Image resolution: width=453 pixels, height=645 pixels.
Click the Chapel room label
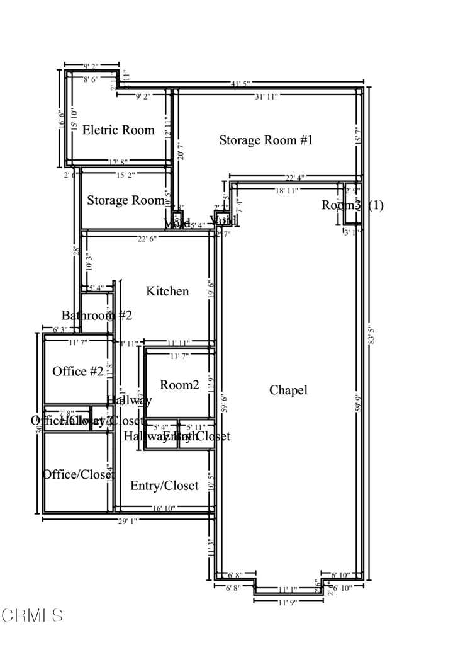tap(288, 390)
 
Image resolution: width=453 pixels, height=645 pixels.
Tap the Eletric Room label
tap(118, 130)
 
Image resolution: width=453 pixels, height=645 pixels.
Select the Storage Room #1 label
tap(266, 140)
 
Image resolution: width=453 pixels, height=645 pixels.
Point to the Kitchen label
tap(167, 291)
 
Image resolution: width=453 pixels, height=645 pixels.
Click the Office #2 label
tap(78, 371)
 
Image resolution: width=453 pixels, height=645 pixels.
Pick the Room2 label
tap(179, 385)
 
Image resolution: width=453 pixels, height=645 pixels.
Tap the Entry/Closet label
tap(164, 486)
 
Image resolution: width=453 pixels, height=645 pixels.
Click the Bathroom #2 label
tap(96, 316)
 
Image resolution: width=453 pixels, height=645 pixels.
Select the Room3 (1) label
tap(352, 205)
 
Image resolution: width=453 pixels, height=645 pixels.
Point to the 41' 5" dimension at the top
tap(240, 83)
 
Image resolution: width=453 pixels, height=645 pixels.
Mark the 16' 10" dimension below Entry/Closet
tap(165, 508)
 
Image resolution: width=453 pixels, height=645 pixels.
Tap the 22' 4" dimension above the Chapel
tap(296, 177)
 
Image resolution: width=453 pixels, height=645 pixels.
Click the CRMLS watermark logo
tap(32, 615)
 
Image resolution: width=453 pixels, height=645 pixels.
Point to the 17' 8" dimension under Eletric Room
tap(118, 162)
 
